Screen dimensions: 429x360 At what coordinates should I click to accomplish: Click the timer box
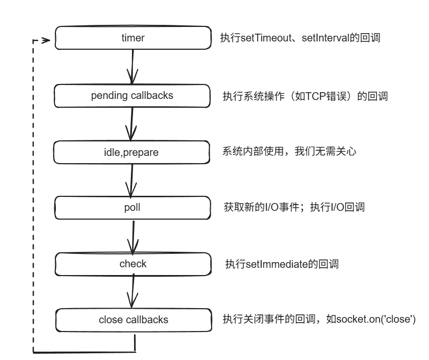pyautogui.click(x=133, y=38)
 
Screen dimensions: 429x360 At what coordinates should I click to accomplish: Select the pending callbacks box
pyautogui.click(x=132, y=96)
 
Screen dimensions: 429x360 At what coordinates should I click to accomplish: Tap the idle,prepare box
pyautogui.click(x=131, y=152)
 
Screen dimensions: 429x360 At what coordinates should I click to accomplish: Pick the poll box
pyautogui.click(x=132, y=208)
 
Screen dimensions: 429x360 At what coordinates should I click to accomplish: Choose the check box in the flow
pyautogui.click(x=133, y=264)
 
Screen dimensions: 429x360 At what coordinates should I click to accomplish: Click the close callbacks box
pyautogui.click(x=134, y=320)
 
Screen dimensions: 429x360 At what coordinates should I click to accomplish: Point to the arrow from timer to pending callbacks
pyautogui.click(x=132, y=67)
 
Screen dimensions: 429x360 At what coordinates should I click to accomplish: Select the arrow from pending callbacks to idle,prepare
pyautogui.click(x=131, y=124)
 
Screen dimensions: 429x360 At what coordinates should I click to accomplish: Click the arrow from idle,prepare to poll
pyautogui.click(x=131, y=180)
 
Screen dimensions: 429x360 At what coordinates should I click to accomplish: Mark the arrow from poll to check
pyautogui.click(x=133, y=237)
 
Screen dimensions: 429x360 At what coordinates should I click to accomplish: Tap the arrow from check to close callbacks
pyautogui.click(x=132, y=291)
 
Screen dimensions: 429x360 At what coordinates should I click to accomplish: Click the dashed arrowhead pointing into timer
pyautogui.click(x=46, y=40)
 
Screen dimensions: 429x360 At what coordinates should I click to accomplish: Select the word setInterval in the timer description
pyautogui.click(x=326, y=38)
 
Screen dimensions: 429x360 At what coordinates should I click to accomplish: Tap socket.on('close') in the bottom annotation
pyautogui.click(x=376, y=319)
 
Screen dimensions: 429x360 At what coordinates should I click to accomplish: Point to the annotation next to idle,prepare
pyautogui.click(x=289, y=151)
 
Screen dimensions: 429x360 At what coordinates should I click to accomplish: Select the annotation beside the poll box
pyautogui.click(x=294, y=207)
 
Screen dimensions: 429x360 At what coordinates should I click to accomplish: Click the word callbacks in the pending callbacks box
pyautogui.click(x=152, y=95)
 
